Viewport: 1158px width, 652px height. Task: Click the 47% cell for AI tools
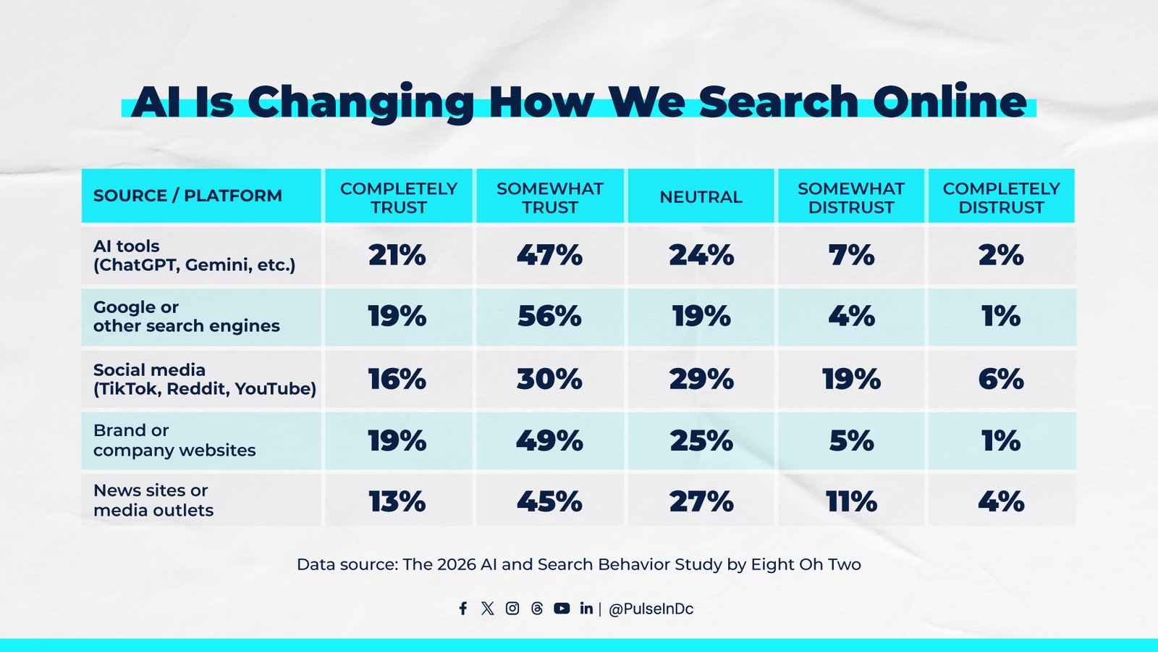(549, 255)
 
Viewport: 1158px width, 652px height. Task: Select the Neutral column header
(701, 197)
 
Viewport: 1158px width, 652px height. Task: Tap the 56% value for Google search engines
(549, 317)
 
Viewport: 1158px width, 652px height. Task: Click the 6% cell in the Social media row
(1001, 379)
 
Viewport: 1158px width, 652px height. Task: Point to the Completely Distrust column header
(1001, 197)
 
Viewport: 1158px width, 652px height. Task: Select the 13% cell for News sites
(397, 501)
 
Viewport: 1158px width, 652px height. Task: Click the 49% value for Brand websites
(549, 440)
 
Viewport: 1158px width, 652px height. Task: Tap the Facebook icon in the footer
(463, 609)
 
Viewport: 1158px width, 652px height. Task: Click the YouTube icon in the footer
(562, 609)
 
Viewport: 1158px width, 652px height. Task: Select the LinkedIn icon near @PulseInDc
(586, 609)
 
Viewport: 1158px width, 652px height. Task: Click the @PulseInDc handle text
(651, 609)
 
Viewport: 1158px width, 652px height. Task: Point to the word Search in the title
(778, 101)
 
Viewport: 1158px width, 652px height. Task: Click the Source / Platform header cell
(187, 196)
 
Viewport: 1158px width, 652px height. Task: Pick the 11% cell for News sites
(851, 501)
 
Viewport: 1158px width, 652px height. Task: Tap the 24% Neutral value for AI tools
(701, 255)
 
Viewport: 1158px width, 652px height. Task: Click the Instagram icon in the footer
(512, 609)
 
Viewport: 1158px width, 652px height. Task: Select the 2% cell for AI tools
(1001, 255)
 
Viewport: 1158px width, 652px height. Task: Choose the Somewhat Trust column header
(549, 197)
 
